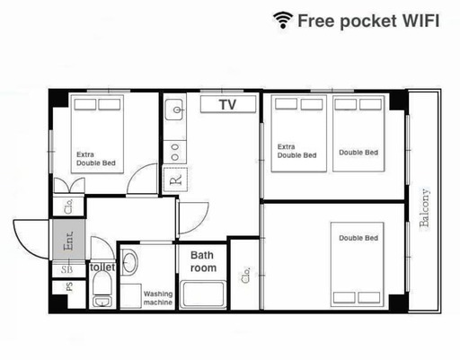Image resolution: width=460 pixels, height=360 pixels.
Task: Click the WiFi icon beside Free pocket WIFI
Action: (x=283, y=20)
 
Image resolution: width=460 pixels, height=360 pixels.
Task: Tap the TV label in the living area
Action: (x=227, y=104)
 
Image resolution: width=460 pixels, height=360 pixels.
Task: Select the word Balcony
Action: (x=425, y=207)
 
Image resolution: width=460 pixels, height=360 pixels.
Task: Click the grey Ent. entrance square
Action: (x=69, y=240)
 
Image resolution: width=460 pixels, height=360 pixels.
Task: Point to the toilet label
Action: (x=102, y=268)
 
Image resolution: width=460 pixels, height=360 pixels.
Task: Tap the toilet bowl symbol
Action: (x=102, y=283)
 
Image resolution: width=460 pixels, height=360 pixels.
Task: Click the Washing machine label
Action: (x=158, y=298)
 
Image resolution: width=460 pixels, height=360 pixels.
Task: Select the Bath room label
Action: (x=203, y=261)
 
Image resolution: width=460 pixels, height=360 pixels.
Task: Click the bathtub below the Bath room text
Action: (x=203, y=294)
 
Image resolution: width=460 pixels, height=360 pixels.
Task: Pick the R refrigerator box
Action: (x=175, y=180)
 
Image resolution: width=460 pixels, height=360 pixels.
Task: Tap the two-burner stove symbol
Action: (x=175, y=152)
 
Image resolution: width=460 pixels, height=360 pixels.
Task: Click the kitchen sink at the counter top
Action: (x=174, y=110)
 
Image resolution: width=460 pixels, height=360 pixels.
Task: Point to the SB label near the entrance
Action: (x=66, y=269)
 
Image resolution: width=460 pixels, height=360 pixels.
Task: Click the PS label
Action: (x=69, y=287)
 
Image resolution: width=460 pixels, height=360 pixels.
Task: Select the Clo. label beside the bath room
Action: (x=245, y=276)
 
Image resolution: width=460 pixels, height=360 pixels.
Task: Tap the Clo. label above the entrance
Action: (x=68, y=206)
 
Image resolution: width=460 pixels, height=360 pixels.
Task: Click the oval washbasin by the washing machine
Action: (x=129, y=260)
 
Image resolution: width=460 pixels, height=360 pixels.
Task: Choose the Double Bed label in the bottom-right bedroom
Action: (x=358, y=238)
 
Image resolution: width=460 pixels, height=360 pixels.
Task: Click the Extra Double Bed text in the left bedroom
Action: (x=96, y=159)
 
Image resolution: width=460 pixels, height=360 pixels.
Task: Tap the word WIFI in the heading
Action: (x=420, y=21)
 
